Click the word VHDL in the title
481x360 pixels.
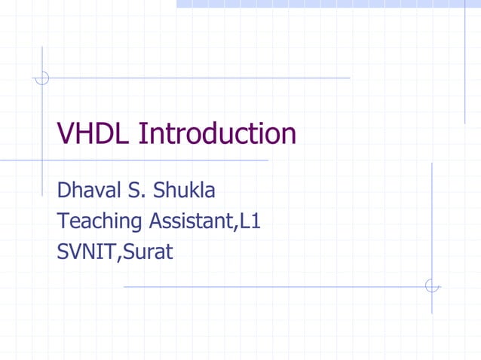94,134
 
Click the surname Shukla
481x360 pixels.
184,190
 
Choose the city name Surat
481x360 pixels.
147,252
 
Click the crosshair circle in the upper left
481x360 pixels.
42,77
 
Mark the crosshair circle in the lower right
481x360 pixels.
432,286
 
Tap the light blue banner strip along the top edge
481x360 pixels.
329,4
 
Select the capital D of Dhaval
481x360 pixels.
64,190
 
